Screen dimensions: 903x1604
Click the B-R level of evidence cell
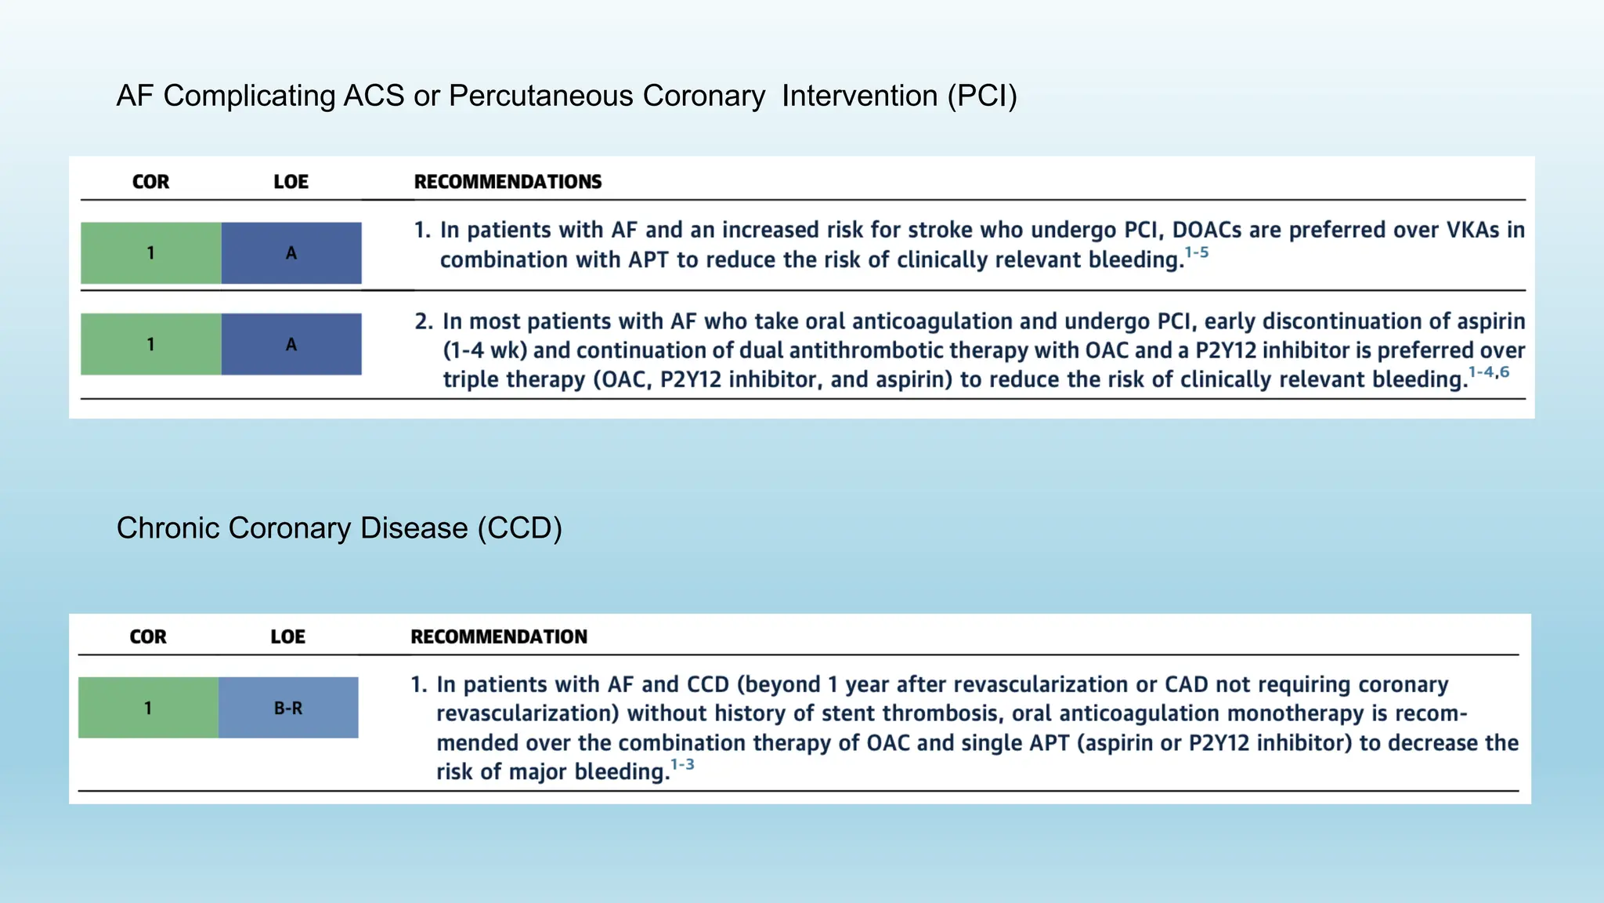pos(288,708)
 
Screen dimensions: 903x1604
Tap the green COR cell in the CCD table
pos(148,708)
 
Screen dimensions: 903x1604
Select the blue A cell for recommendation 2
pos(291,344)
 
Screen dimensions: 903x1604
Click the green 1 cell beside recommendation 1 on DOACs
pos(150,253)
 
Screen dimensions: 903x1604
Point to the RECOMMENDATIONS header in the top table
pos(508,182)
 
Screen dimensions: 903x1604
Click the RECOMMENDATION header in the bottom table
pos(499,636)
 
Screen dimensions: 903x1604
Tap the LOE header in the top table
pos(291,182)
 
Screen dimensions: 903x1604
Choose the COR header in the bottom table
pos(148,636)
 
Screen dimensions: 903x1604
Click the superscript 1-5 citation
pos(1197,252)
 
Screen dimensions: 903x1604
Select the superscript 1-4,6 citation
pos(1488,372)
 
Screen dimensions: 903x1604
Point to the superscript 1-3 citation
pos(682,764)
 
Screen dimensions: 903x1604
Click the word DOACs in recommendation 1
pos(1206,230)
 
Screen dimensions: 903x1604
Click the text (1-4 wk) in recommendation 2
pos(485,350)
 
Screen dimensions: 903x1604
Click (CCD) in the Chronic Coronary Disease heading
pos(520,528)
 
